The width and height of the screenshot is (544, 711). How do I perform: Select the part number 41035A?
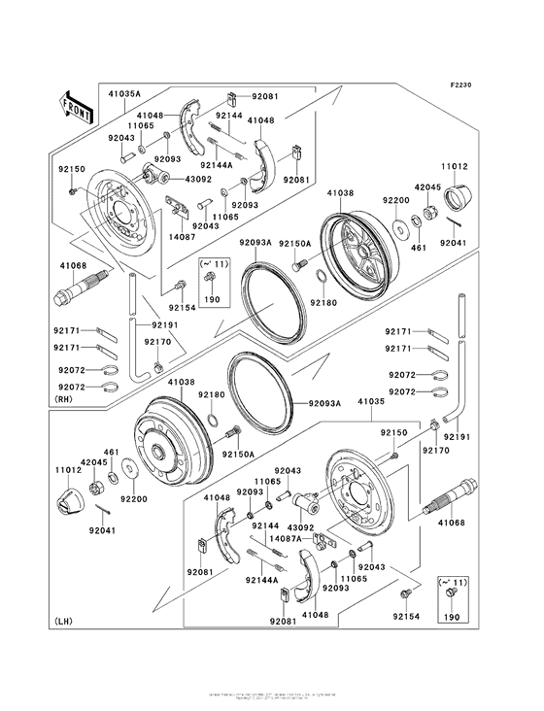pos(123,93)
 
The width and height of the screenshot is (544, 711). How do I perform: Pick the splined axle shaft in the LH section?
pos(451,498)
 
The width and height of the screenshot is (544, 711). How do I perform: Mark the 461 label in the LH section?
pos(112,452)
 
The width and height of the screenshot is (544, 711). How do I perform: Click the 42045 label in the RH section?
pos(428,187)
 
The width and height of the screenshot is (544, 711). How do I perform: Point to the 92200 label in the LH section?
pos(132,499)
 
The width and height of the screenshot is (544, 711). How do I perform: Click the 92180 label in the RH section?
pos(323,302)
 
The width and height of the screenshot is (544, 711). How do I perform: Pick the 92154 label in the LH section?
pos(406,617)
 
